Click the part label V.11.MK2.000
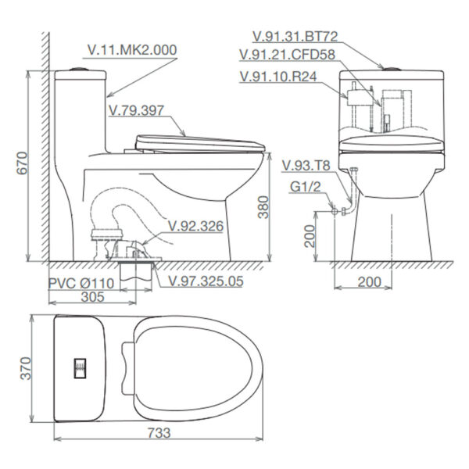coord(131,48)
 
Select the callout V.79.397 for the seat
coord(137,110)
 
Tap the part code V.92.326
coord(196,227)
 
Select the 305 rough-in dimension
coord(94,298)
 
